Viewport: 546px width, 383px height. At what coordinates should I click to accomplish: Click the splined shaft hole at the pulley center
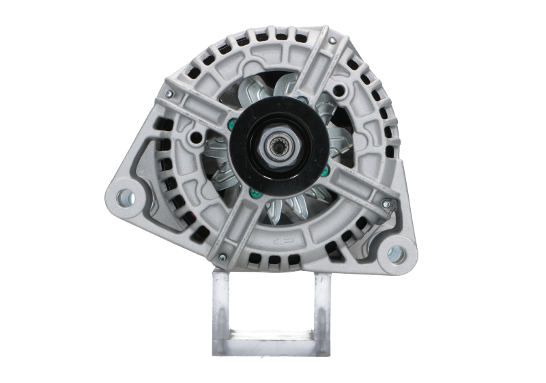[x=278, y=145]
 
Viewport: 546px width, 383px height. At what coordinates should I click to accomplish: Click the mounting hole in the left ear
[x=125, y=198]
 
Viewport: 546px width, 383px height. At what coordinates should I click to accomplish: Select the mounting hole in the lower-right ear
[x=396, y=255]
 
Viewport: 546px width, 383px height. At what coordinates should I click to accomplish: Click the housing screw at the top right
[x=332, y=41]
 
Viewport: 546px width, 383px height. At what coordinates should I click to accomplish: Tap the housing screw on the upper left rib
[x=169, y=94]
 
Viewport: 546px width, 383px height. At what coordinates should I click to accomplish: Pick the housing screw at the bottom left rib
[x=222, y=257]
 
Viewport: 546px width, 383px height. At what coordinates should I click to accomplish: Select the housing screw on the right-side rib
[x=386, y=203]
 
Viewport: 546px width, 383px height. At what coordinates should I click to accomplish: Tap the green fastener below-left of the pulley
[x=254, y=193]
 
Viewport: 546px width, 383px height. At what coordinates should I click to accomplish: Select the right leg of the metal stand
[x=322, y=311]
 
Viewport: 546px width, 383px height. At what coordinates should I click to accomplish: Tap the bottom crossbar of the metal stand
[x=272, y=346]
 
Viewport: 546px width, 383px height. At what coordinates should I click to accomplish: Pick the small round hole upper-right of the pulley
[x=339, y=91]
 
